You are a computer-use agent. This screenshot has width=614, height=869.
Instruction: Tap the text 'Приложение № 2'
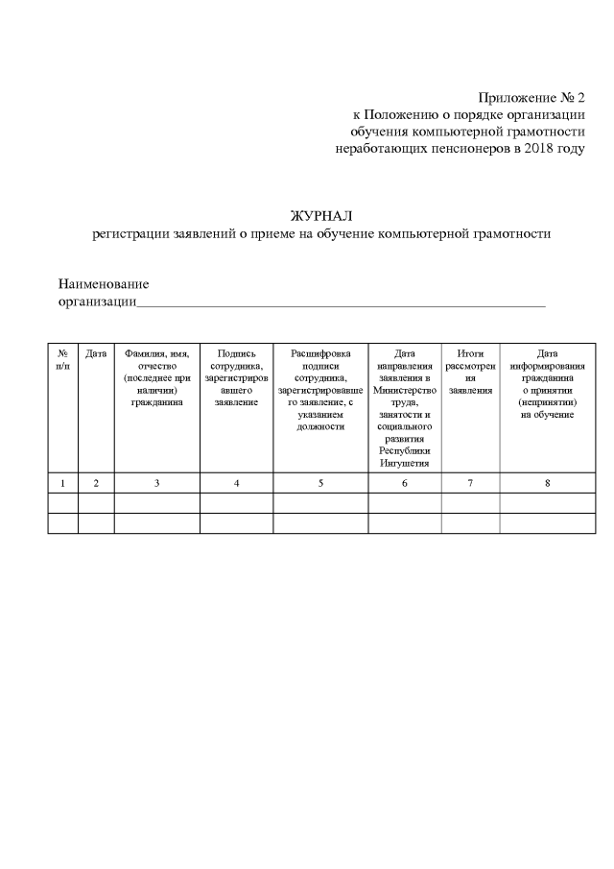click(x=531, y=98)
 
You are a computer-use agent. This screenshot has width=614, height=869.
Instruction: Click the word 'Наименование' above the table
click(x=104, y=285)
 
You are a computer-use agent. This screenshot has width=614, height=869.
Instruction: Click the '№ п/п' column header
click(x=62, y=360)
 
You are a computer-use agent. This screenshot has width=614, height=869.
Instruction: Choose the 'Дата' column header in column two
click(x=96, y=354)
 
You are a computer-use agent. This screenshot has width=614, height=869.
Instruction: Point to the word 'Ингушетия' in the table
click(x=404, y=463)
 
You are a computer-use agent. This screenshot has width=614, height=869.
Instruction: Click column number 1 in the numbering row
click(x=62, y=483)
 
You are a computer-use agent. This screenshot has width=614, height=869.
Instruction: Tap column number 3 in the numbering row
click(x=156, y=483)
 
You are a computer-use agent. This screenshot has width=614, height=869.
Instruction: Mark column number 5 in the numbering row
click(x=320, y=483)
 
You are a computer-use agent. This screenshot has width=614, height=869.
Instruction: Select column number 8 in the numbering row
click(x=547, y=483)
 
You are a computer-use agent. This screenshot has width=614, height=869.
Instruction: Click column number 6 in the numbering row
click(x=404, y=483)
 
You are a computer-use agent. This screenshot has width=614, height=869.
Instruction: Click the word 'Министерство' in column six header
click(x=404, y=391)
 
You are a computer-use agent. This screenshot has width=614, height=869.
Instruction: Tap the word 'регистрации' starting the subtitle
click(x=130, y=233)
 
